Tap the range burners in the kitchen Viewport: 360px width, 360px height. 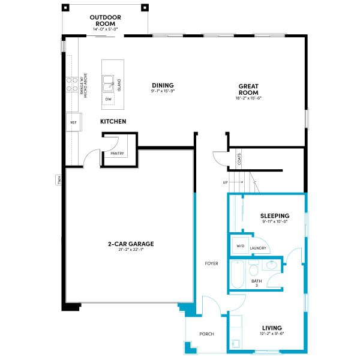(x=72, y=83)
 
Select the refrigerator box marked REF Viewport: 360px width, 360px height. (x=73, y=122)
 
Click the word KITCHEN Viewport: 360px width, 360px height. (x=113, y=122)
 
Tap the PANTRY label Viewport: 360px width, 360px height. (x=117, y=154)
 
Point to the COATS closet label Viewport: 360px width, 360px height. (x=239, y=158)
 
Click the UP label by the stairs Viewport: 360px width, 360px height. (x=225, y=182)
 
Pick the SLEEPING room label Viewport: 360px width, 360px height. (x=275, y=216)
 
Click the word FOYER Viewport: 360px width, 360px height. (x=211, y=263)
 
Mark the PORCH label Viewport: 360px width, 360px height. (x=206, y=334)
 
